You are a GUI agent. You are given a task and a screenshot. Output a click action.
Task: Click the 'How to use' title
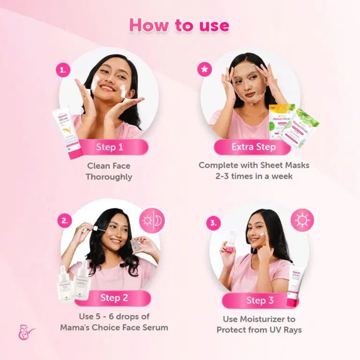pos(180,25)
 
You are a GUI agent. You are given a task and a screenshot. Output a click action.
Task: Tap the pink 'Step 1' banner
pos(110,147)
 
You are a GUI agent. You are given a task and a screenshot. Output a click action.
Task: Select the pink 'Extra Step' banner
pos(253,147)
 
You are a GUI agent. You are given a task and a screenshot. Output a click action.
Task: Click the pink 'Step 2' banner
pos(114,298)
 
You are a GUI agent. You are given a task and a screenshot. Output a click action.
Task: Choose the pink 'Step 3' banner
pos(259,300)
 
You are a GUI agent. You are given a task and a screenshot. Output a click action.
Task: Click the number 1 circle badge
pos(63,70)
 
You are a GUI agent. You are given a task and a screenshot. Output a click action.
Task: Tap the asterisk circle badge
pos(205,70)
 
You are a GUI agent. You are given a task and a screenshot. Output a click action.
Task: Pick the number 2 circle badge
pos(65,220)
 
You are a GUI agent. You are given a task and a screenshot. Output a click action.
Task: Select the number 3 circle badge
pos(213,223)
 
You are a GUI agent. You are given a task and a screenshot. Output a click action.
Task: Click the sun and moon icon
pos(152,220)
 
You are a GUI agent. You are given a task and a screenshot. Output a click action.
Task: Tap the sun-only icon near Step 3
pos(302,220)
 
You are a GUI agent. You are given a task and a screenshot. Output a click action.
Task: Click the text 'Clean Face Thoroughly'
pos(109,171)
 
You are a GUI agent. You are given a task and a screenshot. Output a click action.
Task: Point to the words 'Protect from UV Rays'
pos(259,330)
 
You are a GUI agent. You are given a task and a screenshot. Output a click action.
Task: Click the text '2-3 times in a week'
pos(254,176)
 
